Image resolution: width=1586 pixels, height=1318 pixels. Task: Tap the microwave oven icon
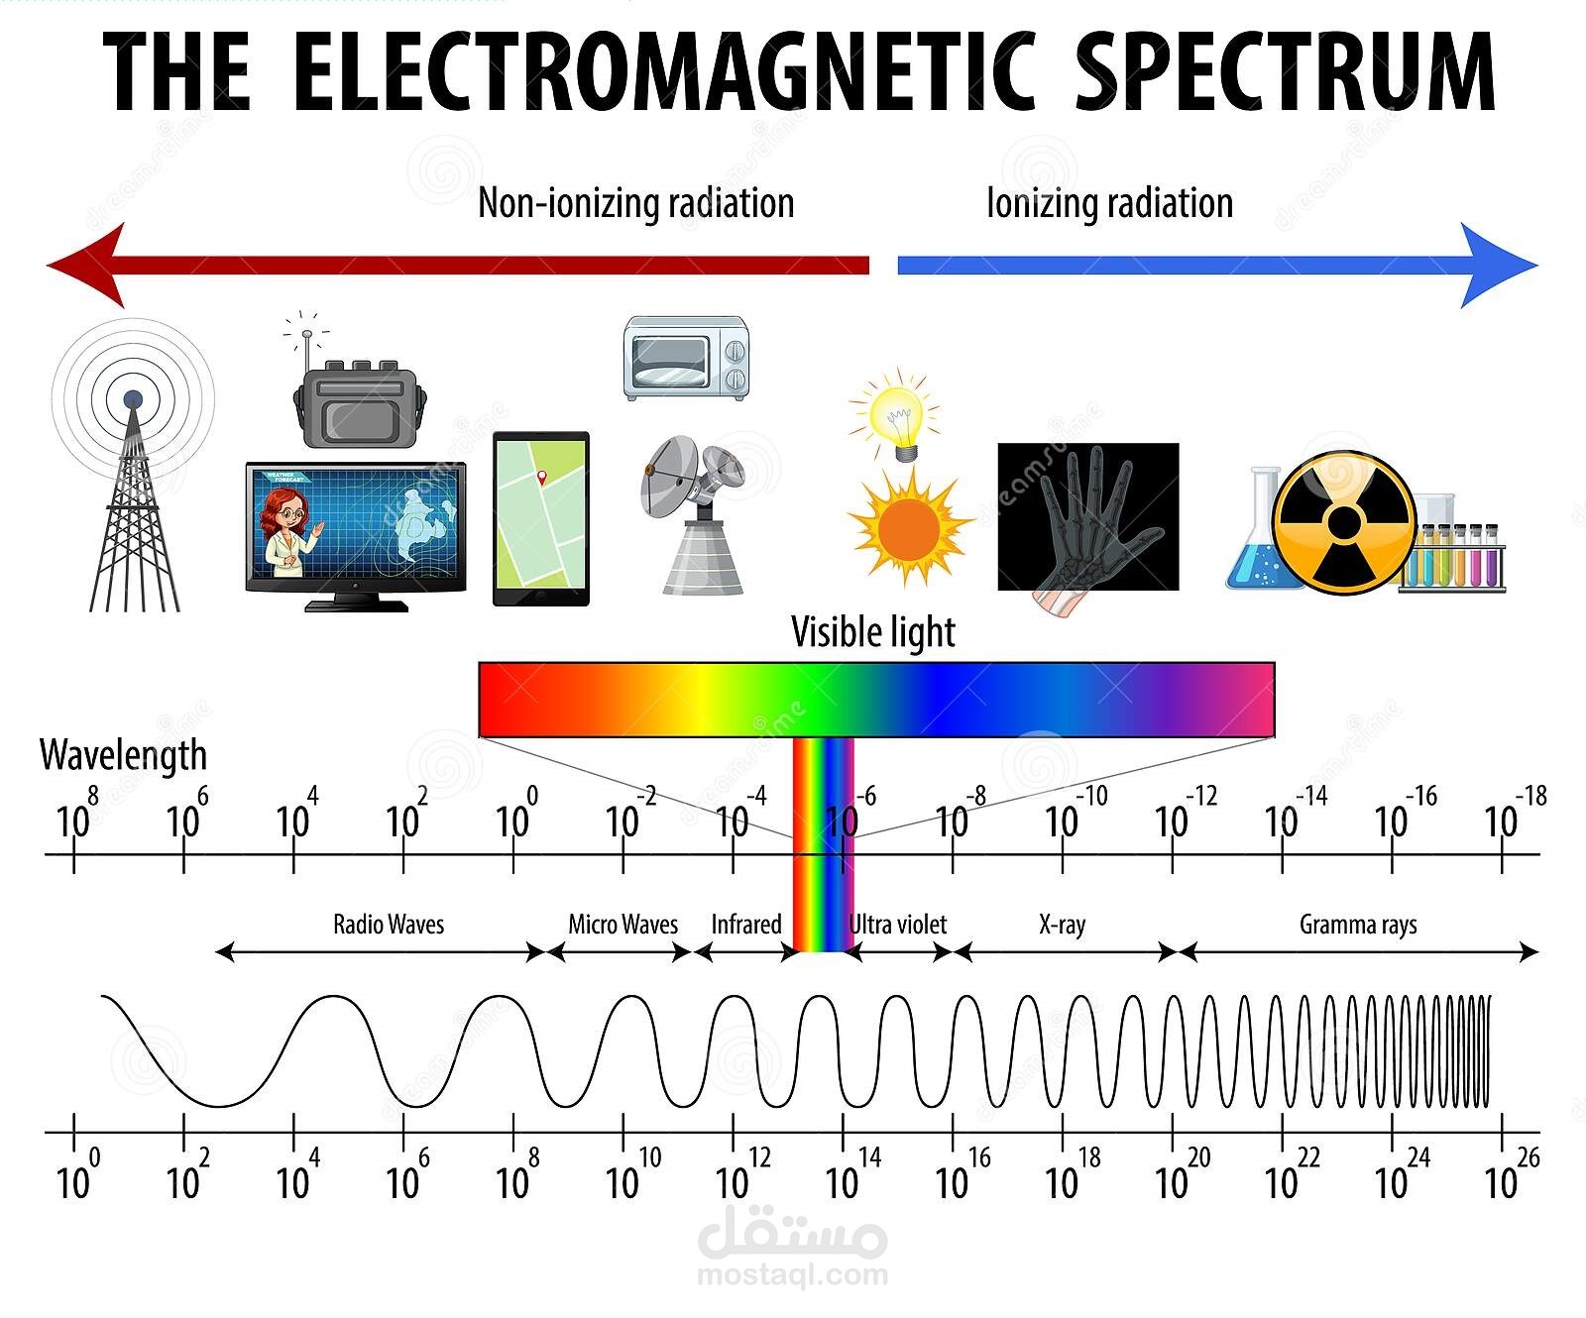(x=686, y=359)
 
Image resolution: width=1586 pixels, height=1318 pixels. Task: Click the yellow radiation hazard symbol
(x=1344, y=522)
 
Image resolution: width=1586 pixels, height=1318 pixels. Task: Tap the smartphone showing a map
(x=541, y=518)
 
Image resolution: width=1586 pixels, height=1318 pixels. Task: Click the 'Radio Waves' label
(x=389, y=925)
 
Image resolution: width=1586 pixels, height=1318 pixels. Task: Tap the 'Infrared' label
(x=745, y=925)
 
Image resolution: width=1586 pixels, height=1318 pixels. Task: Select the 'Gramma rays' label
(x=1358, y=925)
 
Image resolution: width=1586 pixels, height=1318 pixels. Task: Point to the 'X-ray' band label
(x=1062, y=925)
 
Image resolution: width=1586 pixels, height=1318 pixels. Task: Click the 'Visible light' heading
(x=872, y=632)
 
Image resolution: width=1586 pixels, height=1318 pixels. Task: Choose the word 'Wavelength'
(x=123, y=755)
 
